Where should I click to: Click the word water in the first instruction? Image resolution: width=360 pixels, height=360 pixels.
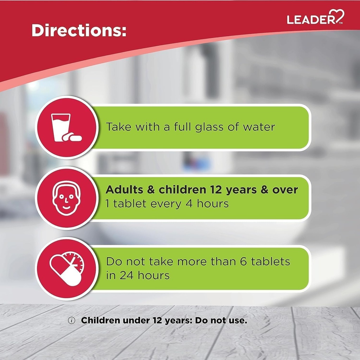click(x=259, y=127)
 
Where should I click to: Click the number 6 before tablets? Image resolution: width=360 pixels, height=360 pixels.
click(x=244, y=262)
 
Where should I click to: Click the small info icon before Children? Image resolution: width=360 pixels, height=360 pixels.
click(x=72, y=321)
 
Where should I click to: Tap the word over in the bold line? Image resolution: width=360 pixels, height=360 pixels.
click(x=285, y=190)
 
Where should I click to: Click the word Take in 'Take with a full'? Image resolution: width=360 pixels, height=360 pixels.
click(x=119, y=127)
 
